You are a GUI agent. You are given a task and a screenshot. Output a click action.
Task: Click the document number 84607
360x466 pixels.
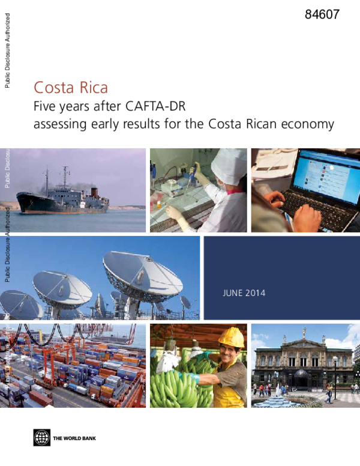[322, 15]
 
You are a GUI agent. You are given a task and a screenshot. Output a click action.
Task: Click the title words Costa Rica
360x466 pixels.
[71, 88]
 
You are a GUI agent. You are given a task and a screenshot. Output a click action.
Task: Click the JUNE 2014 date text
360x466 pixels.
[244, 294]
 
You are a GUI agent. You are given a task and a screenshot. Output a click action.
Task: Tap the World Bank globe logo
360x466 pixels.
[42, 438]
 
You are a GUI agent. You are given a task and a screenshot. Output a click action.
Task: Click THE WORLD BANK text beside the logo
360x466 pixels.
[74, 438]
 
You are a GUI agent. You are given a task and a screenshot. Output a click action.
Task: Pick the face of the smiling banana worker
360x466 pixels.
[231, 354]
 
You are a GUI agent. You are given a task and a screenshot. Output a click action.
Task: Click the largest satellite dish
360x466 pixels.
[141, 273]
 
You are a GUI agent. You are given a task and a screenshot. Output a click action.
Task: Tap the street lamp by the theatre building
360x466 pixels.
[335, 372]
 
